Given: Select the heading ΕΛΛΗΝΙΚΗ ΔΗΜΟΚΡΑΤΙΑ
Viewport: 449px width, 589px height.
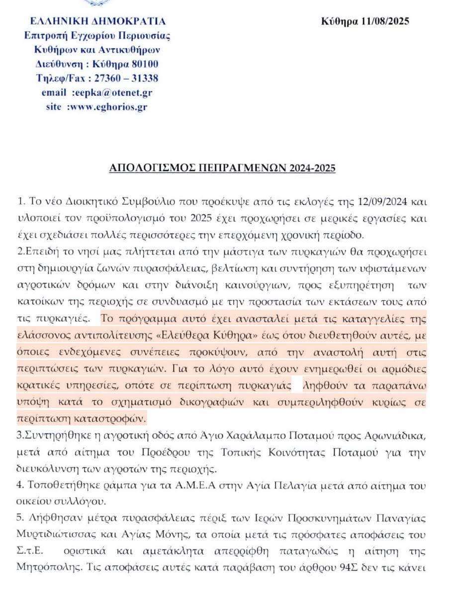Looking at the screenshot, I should coord(98,21).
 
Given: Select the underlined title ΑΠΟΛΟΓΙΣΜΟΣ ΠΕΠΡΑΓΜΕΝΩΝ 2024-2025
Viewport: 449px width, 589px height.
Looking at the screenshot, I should coord(222,168).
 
